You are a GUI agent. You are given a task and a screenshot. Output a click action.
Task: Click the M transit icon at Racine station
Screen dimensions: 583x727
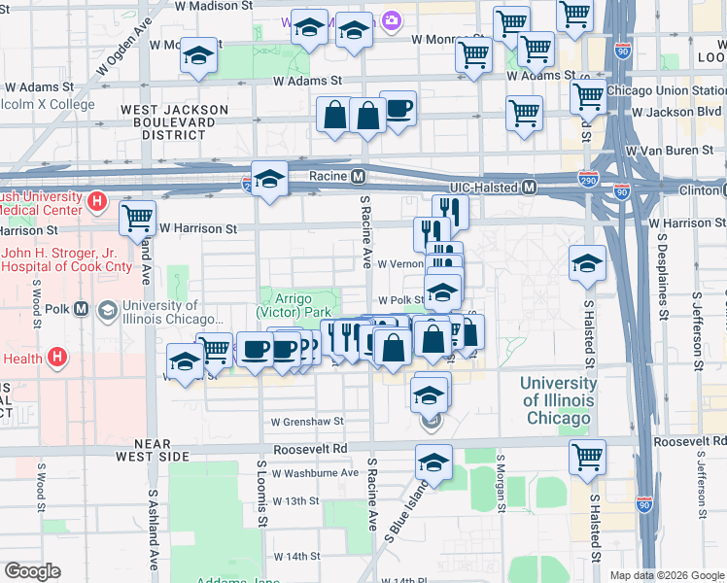point(358,177)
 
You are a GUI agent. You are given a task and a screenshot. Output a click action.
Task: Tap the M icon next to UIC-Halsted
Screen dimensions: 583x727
point(530,187)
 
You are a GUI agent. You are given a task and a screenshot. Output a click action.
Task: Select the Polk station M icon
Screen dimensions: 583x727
point(81,309)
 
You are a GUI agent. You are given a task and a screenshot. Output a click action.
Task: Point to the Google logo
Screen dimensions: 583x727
point(32,571)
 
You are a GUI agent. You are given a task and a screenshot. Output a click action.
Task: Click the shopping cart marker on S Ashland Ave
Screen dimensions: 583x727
point(138,218)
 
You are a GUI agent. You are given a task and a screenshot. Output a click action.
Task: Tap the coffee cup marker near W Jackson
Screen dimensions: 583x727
point(398,108)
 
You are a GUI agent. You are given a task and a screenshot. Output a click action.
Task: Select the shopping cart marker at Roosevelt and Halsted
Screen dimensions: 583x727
point(587,456)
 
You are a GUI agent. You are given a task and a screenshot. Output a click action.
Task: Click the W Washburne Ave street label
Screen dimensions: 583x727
point(315,473)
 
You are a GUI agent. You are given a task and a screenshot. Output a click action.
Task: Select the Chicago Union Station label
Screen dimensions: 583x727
point(664,90)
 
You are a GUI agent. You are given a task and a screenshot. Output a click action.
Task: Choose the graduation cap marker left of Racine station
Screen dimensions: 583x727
point(270,178)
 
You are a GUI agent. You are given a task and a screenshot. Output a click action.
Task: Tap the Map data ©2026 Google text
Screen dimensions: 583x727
point(666,575)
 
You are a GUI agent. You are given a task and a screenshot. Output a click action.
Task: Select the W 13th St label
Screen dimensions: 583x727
point(295,500)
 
